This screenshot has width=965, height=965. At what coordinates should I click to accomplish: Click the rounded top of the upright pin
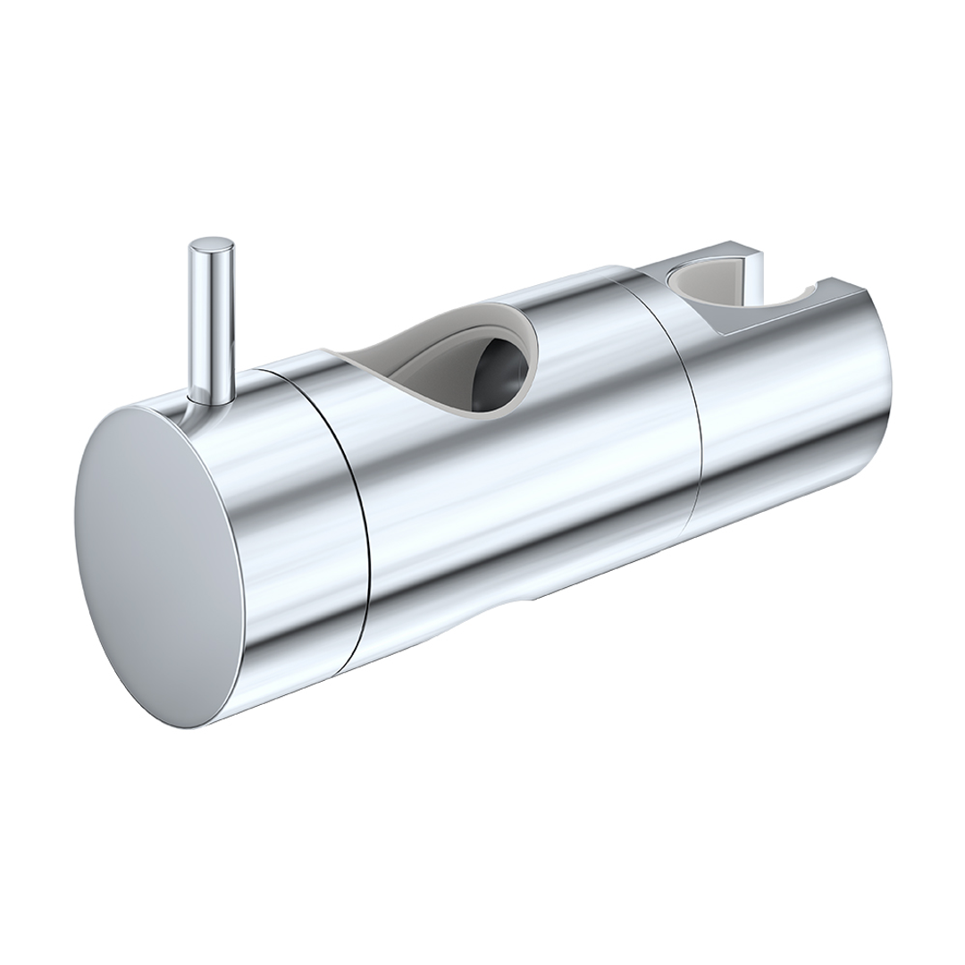(211, 243)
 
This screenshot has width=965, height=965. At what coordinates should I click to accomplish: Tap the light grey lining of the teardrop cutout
(420, 357)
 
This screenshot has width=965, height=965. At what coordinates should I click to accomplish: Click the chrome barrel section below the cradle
(786, 429)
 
